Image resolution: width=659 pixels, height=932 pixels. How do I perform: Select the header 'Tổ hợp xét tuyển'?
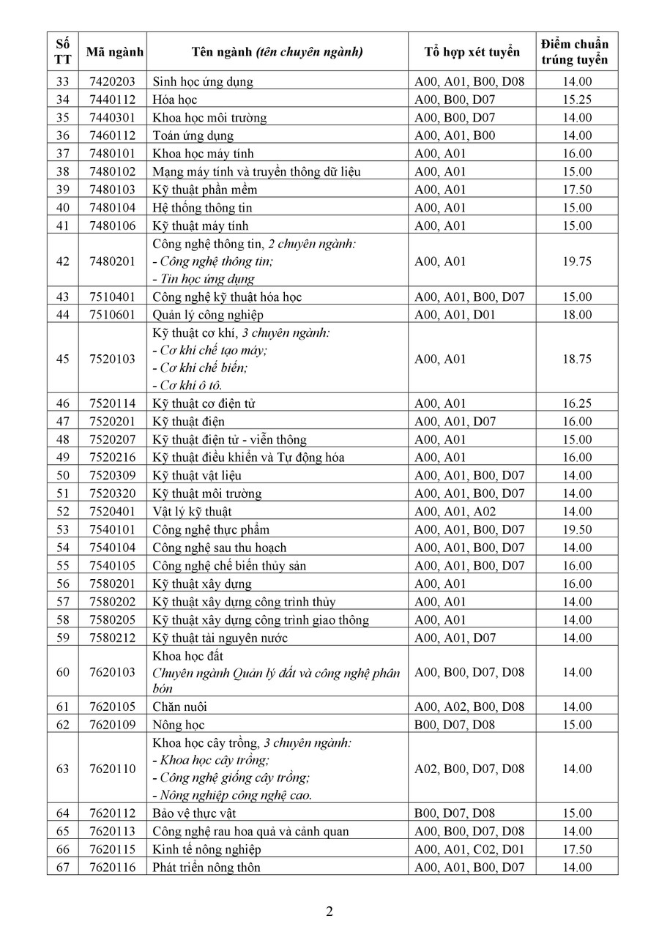click(472, 52)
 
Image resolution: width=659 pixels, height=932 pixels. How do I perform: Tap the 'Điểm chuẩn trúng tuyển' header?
click(575, 52)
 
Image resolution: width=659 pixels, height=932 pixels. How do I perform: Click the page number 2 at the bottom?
click(329, 912)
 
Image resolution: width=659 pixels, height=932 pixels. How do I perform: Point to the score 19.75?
click(575, 261)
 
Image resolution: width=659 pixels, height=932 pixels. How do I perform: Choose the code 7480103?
click(112, 190)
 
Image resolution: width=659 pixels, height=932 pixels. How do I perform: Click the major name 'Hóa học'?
click(175, 100)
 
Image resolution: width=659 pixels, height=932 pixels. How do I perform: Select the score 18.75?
click(575, 359)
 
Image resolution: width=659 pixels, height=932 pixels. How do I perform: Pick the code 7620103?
click(112, 672)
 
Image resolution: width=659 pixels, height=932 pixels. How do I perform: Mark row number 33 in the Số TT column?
click(62, 82)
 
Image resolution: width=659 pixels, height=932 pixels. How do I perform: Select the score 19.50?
click(575, 529)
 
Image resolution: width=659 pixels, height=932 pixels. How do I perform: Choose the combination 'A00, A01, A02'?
click(455, 512)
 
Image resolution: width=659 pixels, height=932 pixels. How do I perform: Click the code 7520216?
click(112, 458)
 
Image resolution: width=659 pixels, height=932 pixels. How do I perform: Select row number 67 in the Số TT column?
click(62, 868)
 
